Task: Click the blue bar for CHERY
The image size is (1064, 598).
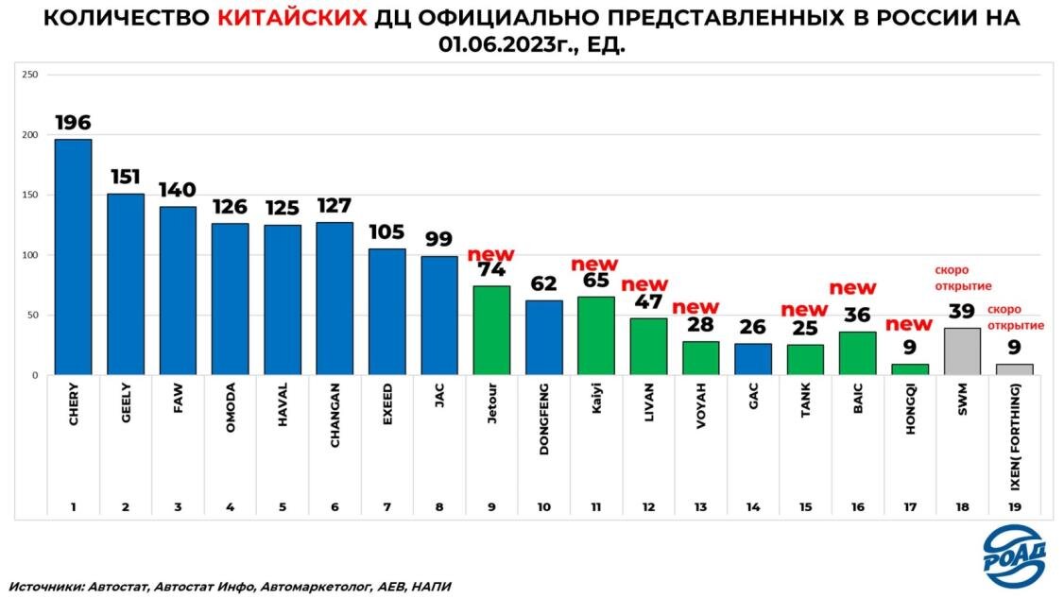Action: (x=73, y=257)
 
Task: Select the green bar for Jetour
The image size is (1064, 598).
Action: (x=490, y=330)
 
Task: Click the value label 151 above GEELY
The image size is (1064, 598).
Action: (x=126, y=178)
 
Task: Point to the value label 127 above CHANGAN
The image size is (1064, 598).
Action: (x=335, y=207)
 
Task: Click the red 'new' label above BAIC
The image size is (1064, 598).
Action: (x=852, y=287)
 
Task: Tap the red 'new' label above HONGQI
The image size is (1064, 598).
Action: (x=908, y=325)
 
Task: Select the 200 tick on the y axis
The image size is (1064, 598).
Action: (x=28, y=135)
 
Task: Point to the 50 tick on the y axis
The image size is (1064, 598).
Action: (x=31, y=316)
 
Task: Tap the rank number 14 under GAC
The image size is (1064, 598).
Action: (x=752, y=507)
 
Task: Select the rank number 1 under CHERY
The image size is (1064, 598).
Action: (x=73, y=507)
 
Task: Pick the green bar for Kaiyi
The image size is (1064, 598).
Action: (x=595, y=335)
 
